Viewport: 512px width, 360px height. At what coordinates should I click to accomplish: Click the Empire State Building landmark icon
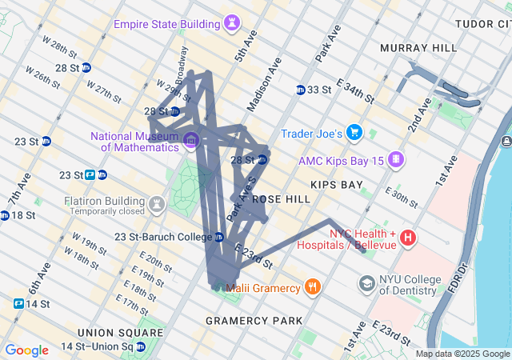(x=233, y=22)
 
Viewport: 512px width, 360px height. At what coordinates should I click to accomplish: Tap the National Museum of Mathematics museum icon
(x=190, y=142)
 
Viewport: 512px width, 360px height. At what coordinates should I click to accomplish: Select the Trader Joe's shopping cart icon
(x=355, y=133)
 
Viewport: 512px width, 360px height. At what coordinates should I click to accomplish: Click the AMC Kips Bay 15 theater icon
(x=394, y=160)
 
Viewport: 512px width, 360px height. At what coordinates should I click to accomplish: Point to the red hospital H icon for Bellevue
(x=408, y=238)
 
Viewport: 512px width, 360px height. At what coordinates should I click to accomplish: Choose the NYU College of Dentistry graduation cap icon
(x=366, y=284)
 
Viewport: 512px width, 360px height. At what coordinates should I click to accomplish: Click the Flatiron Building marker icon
(x=158, y=206)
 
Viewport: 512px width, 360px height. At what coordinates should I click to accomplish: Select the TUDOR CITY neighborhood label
(x=482, y=24)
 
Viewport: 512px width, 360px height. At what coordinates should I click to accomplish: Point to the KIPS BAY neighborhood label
(x=337, y=185)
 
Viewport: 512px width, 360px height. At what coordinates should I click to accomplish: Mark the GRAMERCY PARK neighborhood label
(x=254, y=320)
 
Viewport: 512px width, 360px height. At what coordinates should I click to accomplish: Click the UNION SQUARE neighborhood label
(x=120, y=332)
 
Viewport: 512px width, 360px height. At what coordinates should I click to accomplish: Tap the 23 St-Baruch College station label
(x=162, y=237)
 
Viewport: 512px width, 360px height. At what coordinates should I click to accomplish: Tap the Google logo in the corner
(x=27, y=350)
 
